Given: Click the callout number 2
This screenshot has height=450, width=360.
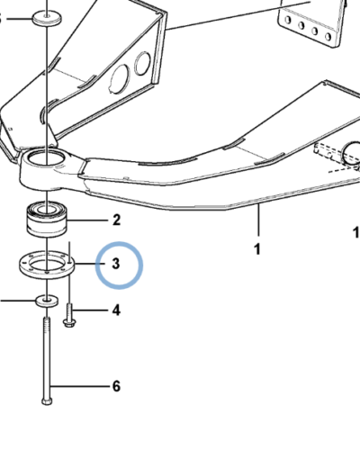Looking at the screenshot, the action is (x=116, y=220).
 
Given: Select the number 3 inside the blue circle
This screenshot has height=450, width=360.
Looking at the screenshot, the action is (x=116, y=264).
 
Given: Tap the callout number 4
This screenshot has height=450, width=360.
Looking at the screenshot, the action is (x=116, y=311).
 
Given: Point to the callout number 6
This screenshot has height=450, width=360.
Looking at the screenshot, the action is (x=116, y=387).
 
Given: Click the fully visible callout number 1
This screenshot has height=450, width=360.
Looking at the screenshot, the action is (x=257, y=247).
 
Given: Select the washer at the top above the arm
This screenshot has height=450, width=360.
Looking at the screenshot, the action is (x=46, y=17).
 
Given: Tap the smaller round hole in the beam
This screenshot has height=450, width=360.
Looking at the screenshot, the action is (x=142, y=63).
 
